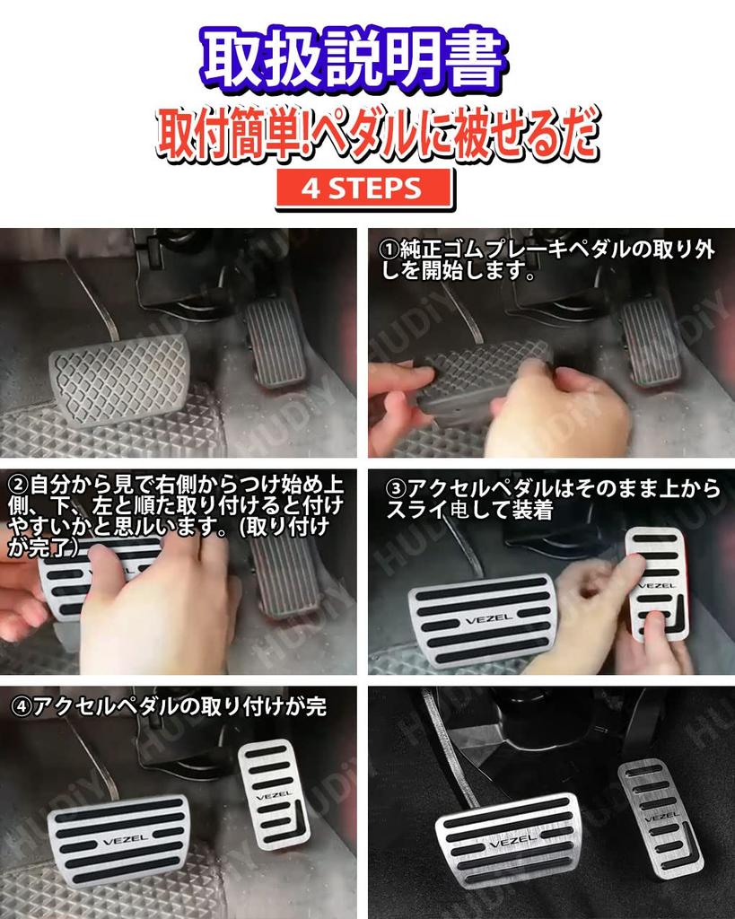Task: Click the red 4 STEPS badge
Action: point(362,188)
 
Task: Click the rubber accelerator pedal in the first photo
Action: point(276,342)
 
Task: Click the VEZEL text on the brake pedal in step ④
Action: point(118,840)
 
